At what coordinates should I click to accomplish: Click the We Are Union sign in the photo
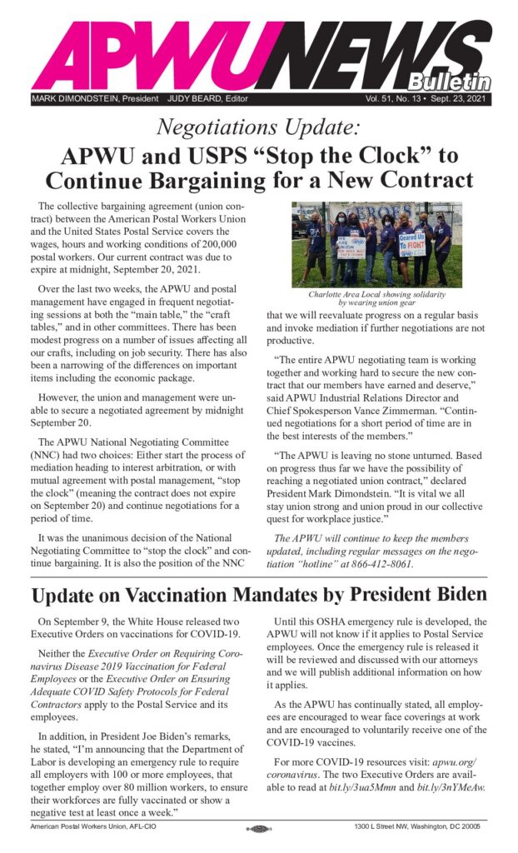click(351, 247)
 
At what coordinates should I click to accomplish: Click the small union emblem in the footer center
click(259, 828)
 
